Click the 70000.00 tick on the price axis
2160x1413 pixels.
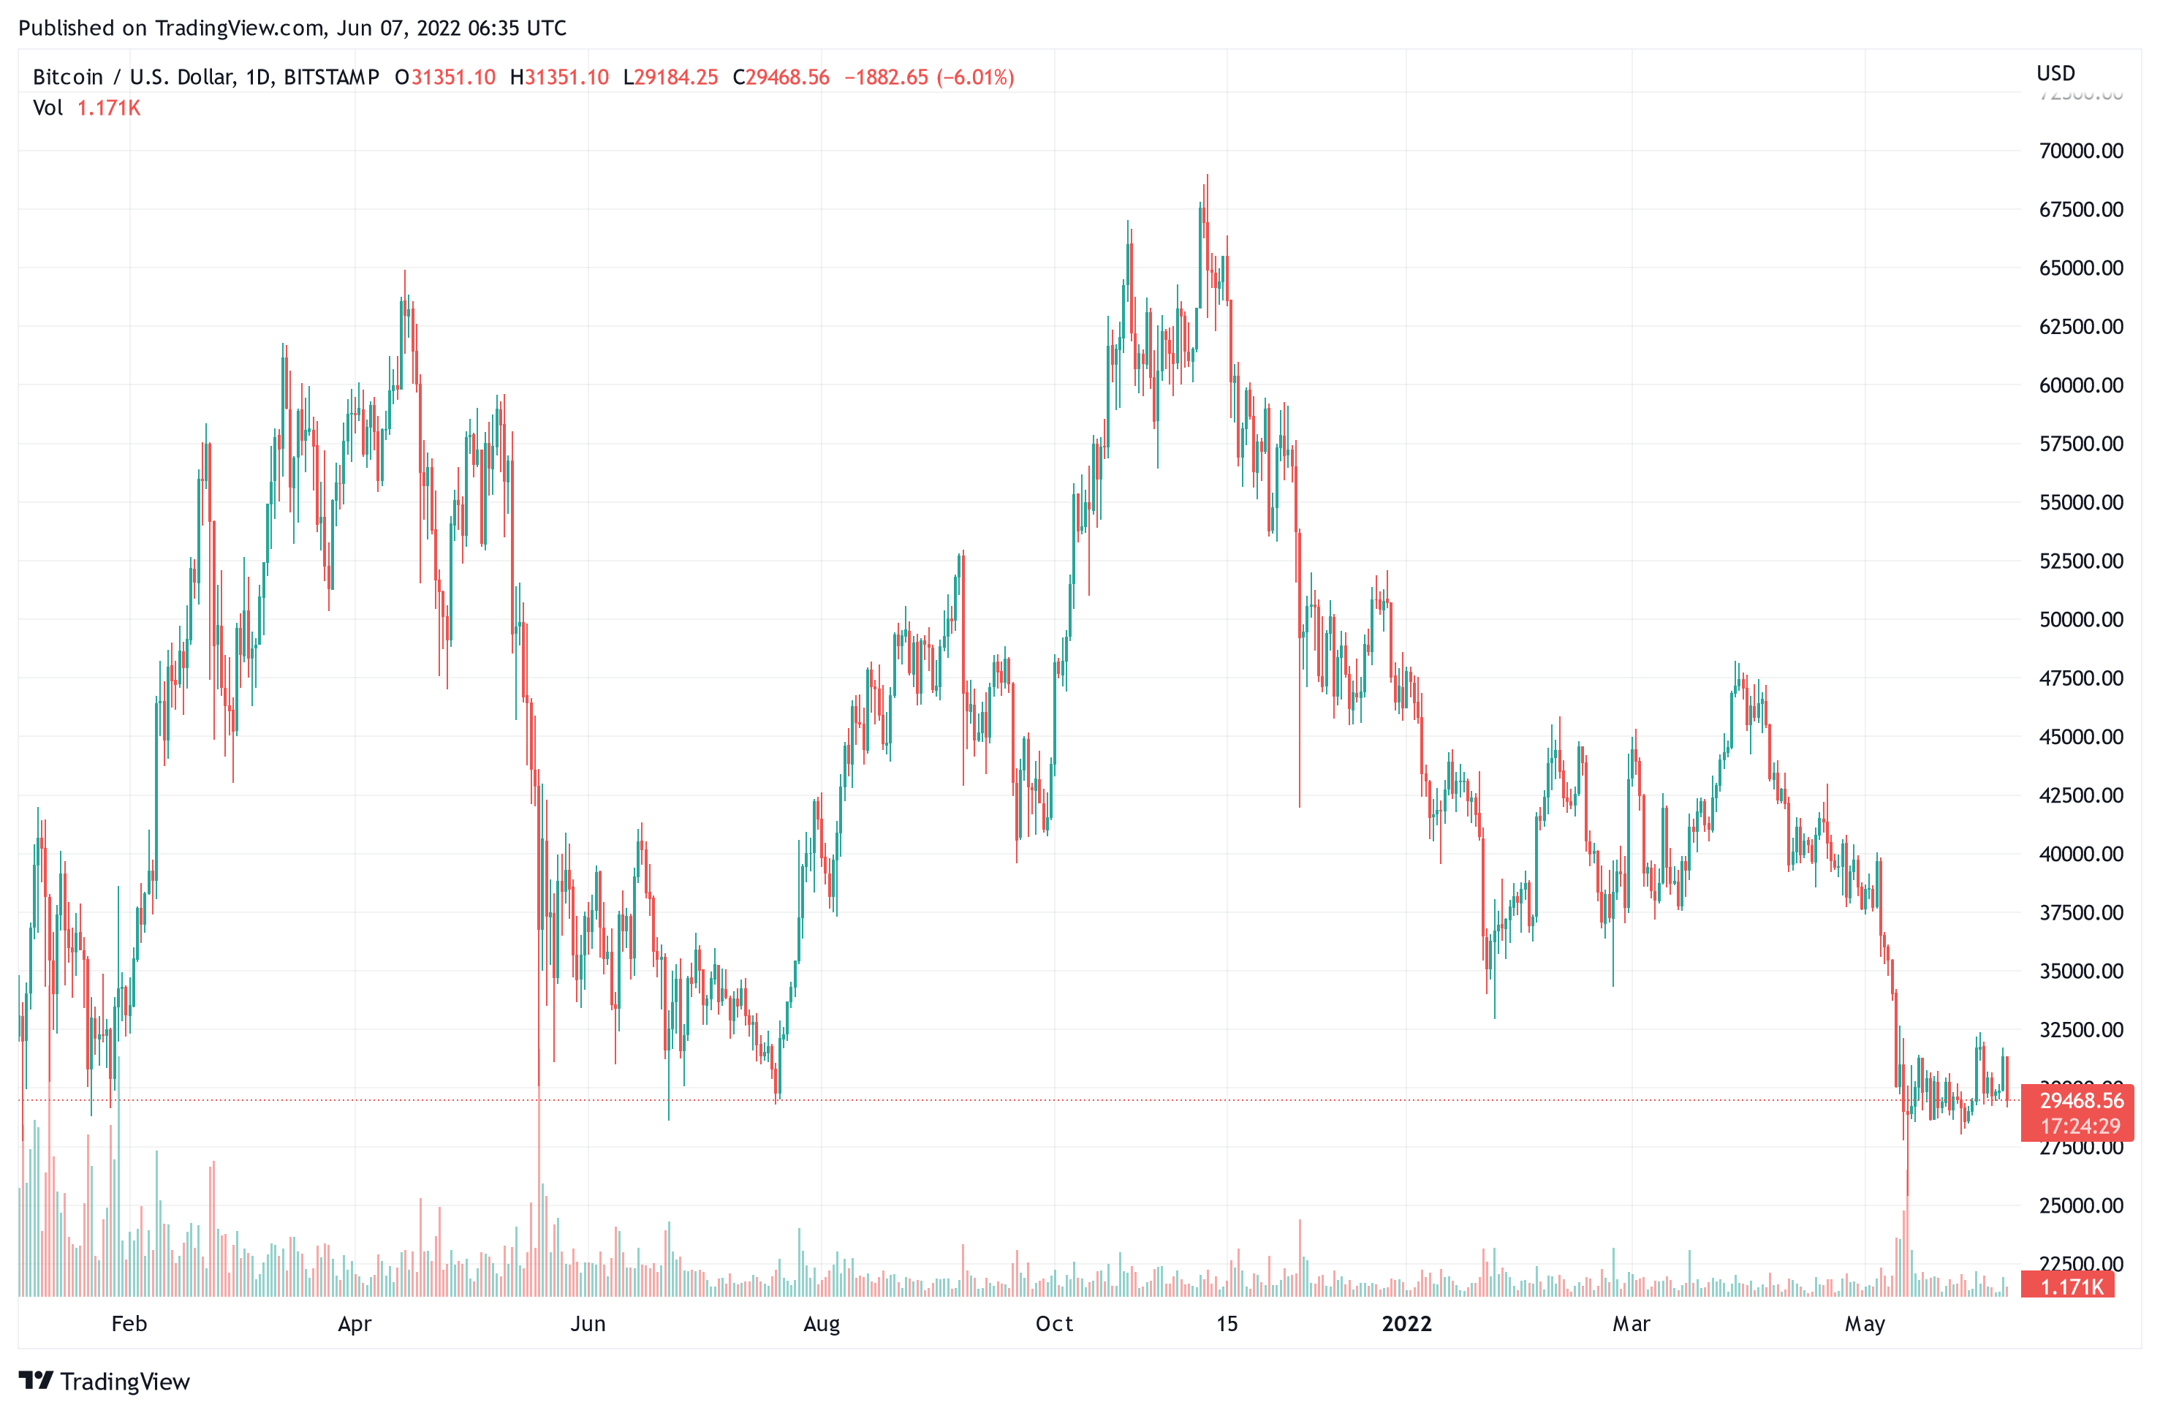(2080, 151)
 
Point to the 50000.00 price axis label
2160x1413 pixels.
(2080, 620)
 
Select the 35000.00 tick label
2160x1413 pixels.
(2080, 971)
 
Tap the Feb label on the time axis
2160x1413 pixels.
(129, 1324)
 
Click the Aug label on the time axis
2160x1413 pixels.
(822, 1324)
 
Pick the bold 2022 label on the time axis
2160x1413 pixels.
(1406, 1324)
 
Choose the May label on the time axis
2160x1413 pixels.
(1864, 1324)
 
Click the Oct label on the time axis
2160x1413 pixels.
(1053, 1324)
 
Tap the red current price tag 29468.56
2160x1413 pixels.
(2081, 1101)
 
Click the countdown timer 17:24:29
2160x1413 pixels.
(2080, 1126)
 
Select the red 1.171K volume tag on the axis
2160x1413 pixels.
(2071, 1286)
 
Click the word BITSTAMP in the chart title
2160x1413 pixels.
(331, 77)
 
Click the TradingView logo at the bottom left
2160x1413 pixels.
(105, 1382)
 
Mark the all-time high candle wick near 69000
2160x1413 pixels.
(1207, 177)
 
